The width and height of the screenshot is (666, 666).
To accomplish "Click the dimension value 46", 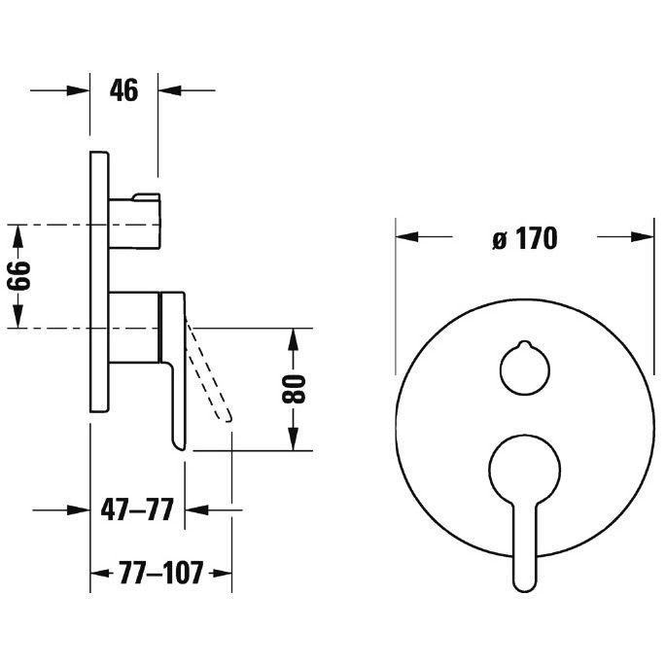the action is (x=123, y=90).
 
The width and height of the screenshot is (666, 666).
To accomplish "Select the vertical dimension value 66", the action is (x=19, y=276).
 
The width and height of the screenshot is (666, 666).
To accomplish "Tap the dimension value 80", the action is (x=294, y=389).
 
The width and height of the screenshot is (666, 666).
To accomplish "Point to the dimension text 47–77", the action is (x=137, y=509).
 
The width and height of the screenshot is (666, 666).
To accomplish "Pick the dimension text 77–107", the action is (x=161, y=573).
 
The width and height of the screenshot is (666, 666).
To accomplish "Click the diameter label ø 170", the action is (x=525, y=238).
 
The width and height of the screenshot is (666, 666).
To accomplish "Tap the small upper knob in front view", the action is (x=525, y=368).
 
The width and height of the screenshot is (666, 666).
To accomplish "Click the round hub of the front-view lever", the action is (x=525, y=470).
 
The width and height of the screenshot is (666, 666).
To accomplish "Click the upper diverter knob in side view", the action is (x=134, y=222).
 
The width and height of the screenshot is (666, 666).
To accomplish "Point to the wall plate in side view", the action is (x=99, y=282).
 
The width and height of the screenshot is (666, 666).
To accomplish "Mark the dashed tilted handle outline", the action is (x=209, y=368).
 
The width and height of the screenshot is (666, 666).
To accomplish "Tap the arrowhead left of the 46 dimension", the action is (x=79, y=90).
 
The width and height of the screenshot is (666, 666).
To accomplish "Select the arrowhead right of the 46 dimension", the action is (x=169, y=90).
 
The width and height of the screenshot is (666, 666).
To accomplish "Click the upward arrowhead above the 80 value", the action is (x=294, y=339).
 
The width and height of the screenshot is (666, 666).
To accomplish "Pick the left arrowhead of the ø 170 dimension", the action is (x=407, y=237).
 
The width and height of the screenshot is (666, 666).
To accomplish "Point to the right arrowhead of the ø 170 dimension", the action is (x=643, y=237).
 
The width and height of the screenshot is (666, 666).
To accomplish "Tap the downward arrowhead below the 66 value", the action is (x=17, y=317).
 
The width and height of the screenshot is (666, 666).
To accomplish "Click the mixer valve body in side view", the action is (x=134, y=327).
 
